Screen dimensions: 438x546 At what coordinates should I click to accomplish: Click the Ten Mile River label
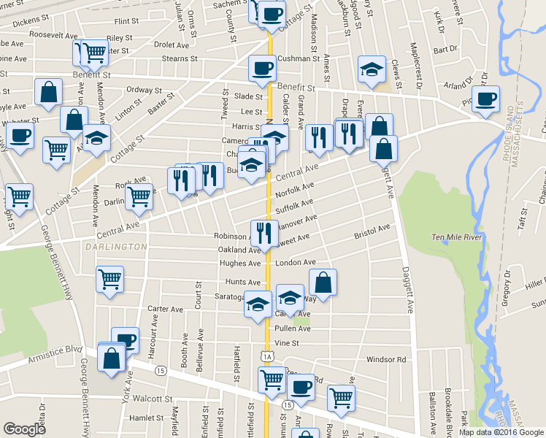[x=458, y=237]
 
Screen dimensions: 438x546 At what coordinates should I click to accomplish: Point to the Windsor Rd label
[x=385, y=359]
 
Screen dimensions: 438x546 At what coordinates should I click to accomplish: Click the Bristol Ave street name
[x=372, y=231]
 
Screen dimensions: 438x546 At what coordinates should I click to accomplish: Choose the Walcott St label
[x=142, y=399]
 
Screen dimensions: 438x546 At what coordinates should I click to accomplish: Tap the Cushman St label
[x=294, y=58]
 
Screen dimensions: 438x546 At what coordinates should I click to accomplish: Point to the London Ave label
[x=295, y=263]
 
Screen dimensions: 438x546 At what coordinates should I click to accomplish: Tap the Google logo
[x=25, y=429]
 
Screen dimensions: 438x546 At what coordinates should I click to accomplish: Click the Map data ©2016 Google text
[x=501, y=431]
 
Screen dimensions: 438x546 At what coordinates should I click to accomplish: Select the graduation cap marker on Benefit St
[x=371, y=70]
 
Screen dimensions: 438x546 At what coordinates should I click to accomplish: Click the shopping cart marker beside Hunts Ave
[x=109, y=278]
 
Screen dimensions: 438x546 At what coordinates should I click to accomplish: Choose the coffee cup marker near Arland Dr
[x=485, y=98]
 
